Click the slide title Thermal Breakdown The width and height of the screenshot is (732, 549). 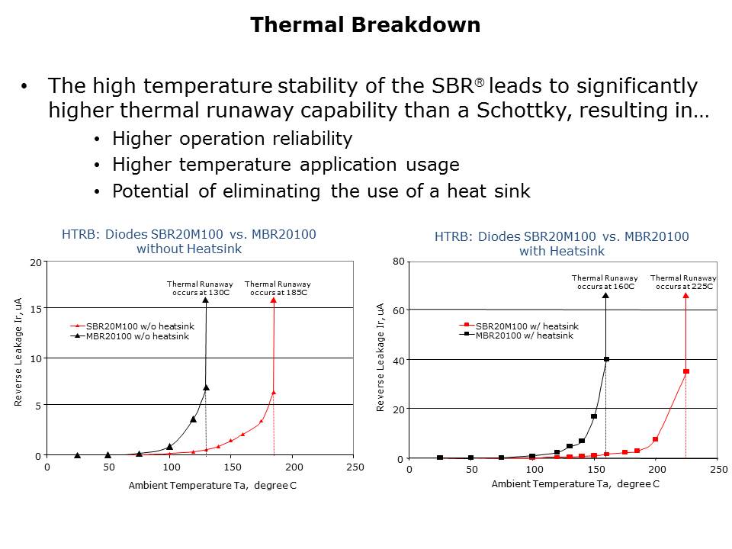pos(365,25)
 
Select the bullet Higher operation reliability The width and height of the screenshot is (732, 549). pos(232,138)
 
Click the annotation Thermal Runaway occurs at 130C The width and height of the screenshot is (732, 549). pos(200,288)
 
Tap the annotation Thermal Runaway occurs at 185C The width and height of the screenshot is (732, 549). pos(278,288)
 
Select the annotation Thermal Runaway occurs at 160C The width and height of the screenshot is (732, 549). pos(605,282)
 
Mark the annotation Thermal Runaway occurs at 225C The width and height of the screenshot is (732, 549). pos(683,282)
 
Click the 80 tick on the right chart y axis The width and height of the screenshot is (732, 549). pos(398,262)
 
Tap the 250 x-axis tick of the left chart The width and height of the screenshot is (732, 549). pos(354,467)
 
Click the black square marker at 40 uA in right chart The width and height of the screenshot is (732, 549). pos(606,359)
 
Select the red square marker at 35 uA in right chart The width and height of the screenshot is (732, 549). pos(686,371)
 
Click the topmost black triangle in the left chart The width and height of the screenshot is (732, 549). pos(206,300)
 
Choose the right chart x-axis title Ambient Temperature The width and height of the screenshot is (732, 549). pos(575,484)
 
